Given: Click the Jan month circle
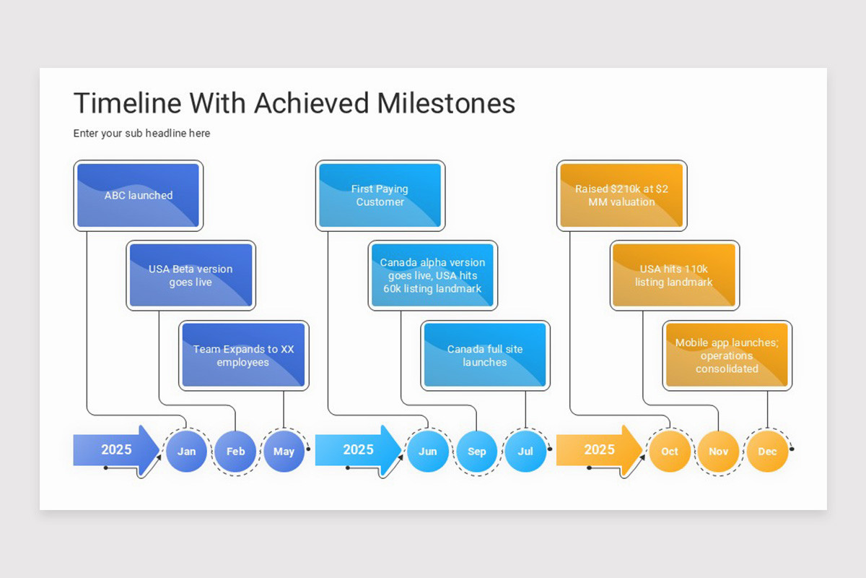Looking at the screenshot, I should tap(186, 452).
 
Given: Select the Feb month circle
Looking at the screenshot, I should tap(235, 452).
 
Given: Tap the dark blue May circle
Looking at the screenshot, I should tap(284, 452).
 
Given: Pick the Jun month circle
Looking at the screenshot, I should tap(428, 452).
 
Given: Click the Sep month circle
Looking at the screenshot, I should tap(477, 452).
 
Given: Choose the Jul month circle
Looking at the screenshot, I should tap(525, 452).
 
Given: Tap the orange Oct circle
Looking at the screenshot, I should tap(670, 452).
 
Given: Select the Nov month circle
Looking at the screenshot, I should tap(719, 452).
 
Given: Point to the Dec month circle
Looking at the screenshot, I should tap(767, 452).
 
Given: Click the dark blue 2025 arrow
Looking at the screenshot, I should tap(115, 450).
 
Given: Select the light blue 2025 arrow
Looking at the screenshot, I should tap(357, 450).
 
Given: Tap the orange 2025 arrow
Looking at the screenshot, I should tap(599, 450).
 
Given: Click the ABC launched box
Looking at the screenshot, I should tap(139, 196).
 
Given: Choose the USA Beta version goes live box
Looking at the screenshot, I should tap(191, 275).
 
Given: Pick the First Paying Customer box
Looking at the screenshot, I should tap(380, 196).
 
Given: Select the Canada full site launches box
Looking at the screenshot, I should tap(485, 355).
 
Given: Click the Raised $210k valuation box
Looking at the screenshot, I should tap(622, 196).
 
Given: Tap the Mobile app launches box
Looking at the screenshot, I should tap(727, 355).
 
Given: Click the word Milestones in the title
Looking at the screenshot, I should tap(446, 103).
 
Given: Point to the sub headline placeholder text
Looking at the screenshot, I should tap(141, 134).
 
